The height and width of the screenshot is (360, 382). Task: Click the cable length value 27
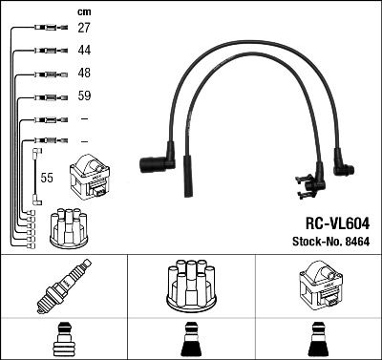pos(84,29)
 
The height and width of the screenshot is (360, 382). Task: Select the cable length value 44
pos(84,50)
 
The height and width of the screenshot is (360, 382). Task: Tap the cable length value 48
pos(84,74)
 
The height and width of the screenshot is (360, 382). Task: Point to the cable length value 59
pos(84,96)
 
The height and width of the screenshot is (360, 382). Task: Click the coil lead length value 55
pos(46,179)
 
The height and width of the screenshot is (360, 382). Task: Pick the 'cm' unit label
pos(83,11)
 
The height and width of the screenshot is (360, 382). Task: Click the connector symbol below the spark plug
pos(64,339)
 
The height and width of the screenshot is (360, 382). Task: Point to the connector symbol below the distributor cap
pos(191,339)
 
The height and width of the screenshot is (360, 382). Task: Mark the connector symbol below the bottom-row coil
pos(318,339)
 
